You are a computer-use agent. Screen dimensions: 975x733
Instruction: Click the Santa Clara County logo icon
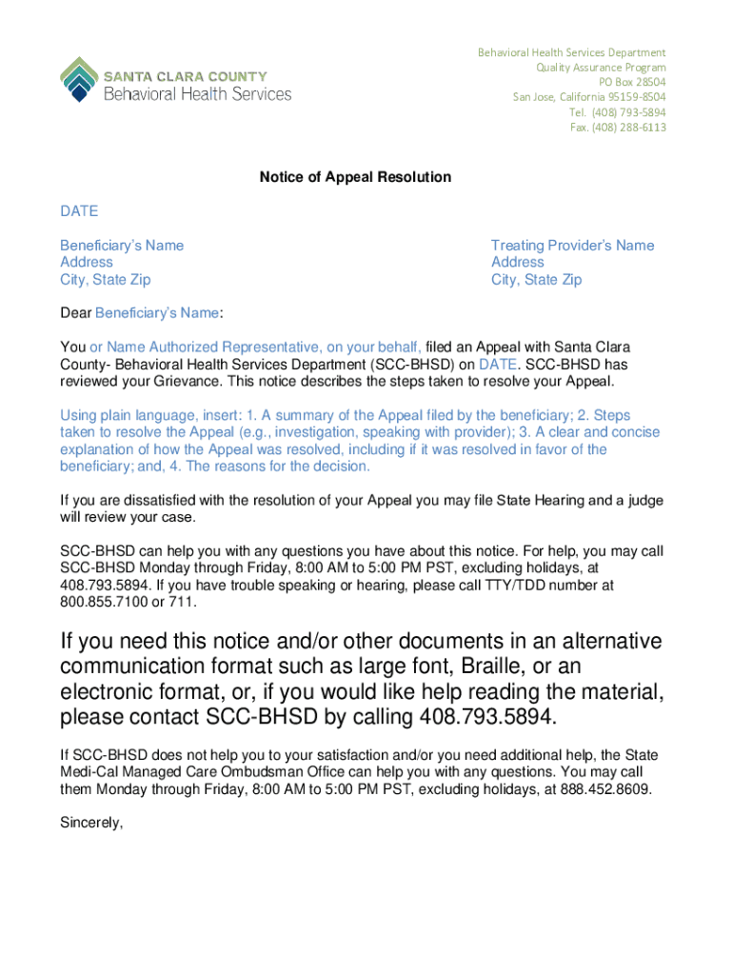77,78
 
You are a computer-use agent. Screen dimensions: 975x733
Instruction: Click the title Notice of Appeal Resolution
355,177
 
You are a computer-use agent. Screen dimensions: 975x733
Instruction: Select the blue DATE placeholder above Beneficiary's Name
79,210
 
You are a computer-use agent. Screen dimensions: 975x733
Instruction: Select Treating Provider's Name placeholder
572,246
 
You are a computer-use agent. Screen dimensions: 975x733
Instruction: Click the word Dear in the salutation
75,312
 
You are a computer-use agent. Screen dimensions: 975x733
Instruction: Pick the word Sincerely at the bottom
91,824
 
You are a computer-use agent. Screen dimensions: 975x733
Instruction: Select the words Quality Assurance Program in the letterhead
601,68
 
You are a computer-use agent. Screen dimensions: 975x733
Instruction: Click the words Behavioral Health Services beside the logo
196,93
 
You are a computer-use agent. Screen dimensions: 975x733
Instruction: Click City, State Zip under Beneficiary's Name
105,280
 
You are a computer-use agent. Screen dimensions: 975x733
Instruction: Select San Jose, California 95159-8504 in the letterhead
589,97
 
